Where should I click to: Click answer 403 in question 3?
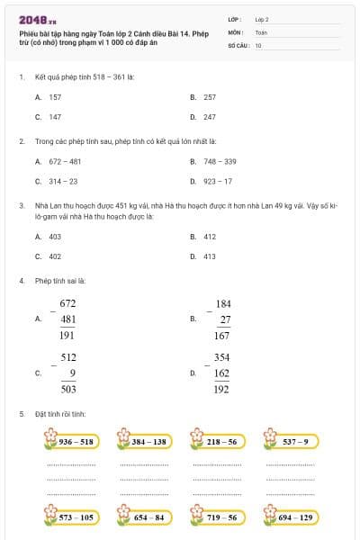pos(55,236)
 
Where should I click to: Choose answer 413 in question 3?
pos(209,256)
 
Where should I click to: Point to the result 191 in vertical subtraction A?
pos(67,335)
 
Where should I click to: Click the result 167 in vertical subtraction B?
pos(223,335)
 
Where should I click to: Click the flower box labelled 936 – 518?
pos(71,442)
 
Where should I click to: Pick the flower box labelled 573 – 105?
pos(71,517)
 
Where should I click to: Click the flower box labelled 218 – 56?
pos(216,442)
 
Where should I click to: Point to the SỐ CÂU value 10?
pos(258,44)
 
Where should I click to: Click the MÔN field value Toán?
pos(261,31)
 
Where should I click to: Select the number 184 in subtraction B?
pos(223,304)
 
